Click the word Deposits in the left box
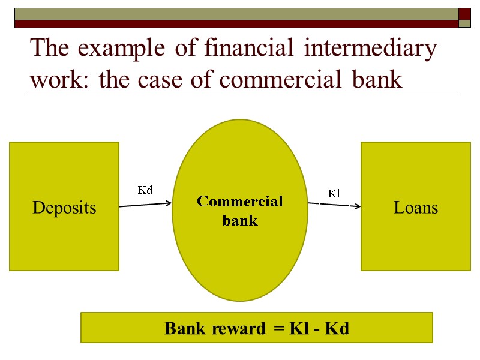(64, 208)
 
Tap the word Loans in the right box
(416, 208)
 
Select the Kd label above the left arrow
(145, 190)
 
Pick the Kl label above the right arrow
(334, 193)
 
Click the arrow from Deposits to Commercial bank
(146, 205)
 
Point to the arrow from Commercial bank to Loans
(334, 205)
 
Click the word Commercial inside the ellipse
(240, 201)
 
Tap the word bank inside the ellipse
(240, 220)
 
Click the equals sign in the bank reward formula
(278, 329)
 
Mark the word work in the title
(58, 79)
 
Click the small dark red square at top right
(464, 14)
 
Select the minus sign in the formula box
(316, 329)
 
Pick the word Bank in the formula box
(184, 329)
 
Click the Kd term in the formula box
(337, 329)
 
